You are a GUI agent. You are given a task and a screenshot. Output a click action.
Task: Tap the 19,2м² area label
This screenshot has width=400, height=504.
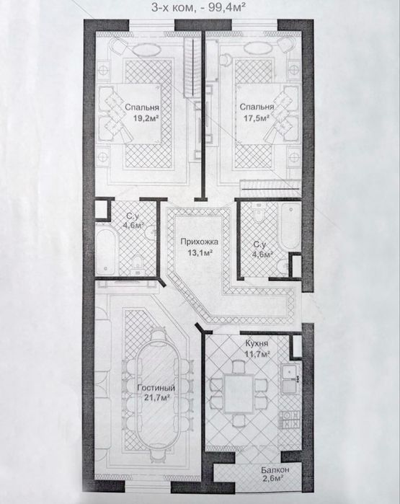pyautogui.click(x=146, y=118)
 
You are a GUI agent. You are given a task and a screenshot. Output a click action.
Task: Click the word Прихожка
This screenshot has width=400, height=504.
pyautogui.click(x=199, y=242)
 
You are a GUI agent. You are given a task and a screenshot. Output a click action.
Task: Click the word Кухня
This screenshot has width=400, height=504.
pyautogui.click(x=257, y=344)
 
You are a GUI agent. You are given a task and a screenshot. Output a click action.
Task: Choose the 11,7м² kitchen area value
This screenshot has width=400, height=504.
pyautogui.click(x=258, y=355)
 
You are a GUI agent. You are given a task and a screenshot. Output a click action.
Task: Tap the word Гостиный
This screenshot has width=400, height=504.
pyautogui.click(x=156, y=388)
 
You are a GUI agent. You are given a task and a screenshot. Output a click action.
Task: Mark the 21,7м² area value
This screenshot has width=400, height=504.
pyautogui.click(x=157, y=398)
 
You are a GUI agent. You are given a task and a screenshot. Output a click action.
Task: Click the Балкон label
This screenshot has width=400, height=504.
pyautogui.click(x=275, y=470)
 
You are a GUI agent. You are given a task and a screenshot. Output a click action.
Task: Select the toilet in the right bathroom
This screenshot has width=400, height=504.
pyautogui.click(x=258, y=213)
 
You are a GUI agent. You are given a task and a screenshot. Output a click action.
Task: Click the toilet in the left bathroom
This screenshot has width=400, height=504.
pyautogui.click(x=138, y=264)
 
